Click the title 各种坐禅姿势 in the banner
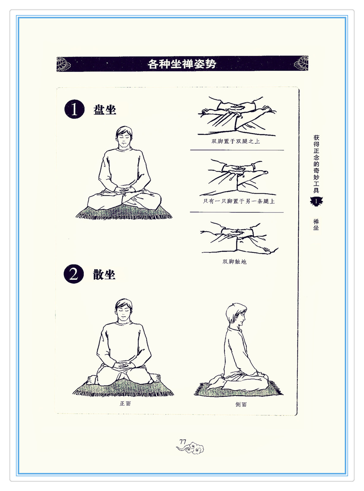coord(182,64)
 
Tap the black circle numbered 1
coord(74,109)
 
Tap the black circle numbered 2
coord(74,274)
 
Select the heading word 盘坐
coord(105,110)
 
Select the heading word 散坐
coord(104,274)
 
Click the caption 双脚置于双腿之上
coord(236,141)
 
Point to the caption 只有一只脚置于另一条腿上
coord(239,201)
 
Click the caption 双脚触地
coord(234,262)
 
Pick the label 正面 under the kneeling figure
coord(125,404)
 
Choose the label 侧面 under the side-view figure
coord(241,404)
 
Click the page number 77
coord(183,442)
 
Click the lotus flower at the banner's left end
coord(63,64)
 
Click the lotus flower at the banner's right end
coord(301,63)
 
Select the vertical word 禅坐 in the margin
coord(316,225)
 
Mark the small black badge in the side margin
coord(317,201)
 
